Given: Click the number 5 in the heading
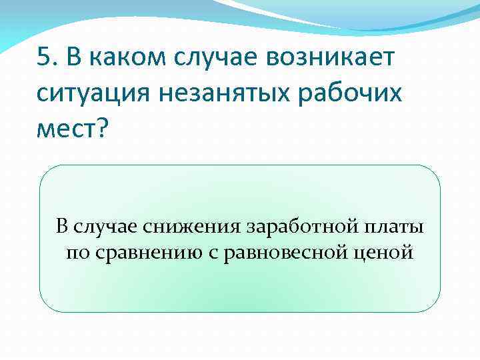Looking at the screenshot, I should [x=44, y=59].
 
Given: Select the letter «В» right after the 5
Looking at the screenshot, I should [x=74, y=59].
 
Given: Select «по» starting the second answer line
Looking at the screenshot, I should [x=76, y=253].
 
